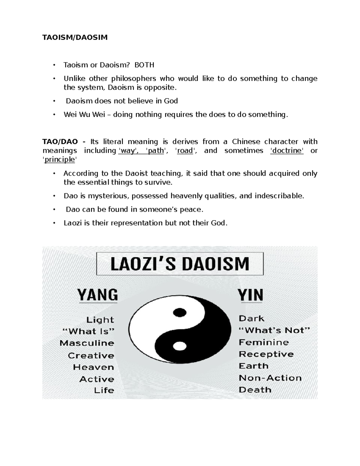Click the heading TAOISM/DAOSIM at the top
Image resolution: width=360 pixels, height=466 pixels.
click(x=75, y=38)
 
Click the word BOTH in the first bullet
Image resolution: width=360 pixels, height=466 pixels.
click(x=144, y=65)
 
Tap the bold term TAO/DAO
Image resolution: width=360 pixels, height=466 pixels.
click(x=60, y=142)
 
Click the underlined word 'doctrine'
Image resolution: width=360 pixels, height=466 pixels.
click(x=287, y=151)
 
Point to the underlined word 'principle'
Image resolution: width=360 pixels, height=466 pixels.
click(x=59, y=160)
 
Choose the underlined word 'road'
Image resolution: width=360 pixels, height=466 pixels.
click(x=185, y=151)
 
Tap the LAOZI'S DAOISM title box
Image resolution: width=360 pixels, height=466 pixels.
click(x=180, y=264)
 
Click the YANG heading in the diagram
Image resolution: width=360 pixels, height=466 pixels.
click(x=97, y=295)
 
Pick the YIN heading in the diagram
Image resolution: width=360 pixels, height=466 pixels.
click(x=250, y=295)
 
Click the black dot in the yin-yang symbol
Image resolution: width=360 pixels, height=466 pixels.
click(x=180, y=312)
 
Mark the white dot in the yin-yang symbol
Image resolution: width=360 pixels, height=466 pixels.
click(x=179, y=346)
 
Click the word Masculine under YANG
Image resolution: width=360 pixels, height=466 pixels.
click(x=87, y=343)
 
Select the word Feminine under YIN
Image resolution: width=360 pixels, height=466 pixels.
click(x=264, y=342)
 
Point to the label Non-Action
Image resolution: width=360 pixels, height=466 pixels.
click(x=270, y=378)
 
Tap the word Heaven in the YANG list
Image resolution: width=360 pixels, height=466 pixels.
click(x=93, y=367)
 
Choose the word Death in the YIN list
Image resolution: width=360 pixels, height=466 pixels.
click(x=255, y=390)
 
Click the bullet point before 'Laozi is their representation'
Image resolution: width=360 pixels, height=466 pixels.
click(x=54, y=223)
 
